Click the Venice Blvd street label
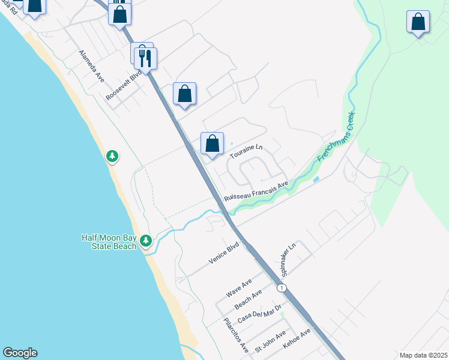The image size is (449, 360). click(224, 253)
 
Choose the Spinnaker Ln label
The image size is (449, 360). click(289, 257)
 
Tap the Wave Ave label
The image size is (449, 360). click(238, 288)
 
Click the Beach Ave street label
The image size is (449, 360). click(248, 298)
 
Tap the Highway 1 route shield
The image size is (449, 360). click(281, 289)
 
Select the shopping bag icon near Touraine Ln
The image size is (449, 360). click(212, 144)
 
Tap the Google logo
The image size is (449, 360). click(20, 353)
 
